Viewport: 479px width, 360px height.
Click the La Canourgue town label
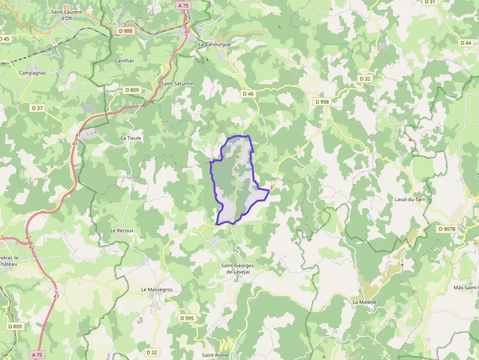click(x=214, y=44)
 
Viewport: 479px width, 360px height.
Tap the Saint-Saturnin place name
click(x=177, y=84)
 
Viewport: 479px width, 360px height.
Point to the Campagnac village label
click(x=32, y=73)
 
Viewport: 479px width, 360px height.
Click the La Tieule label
click(x=131, y=138)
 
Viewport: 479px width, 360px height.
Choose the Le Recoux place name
click(x=122, y=230)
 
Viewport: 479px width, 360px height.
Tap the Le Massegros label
click(x=157, y=290)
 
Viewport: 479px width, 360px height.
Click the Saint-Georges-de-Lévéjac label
click(x=239, y=269)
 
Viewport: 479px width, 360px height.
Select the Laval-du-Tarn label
click(x=410, y=199)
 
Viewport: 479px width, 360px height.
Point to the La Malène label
click(x=365, y=302)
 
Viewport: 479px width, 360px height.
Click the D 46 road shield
click(x=248, y=93)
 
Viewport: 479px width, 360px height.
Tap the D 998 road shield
click(x=322, y=102)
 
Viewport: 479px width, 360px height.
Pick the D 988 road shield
click(x=126, y=31)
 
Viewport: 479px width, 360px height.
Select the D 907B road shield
click(x=447, y=229)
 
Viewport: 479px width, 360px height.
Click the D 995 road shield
click(x=187, y=318)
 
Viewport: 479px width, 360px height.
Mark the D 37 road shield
click(x=37, y=108)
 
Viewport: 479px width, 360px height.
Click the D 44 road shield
click(x=466, y=43)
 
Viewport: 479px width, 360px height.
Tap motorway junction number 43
click(x=56, y=296)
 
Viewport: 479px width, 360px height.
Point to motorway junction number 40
click(x=187, y=32)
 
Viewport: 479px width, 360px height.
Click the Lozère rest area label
click(x=93, y=133)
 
